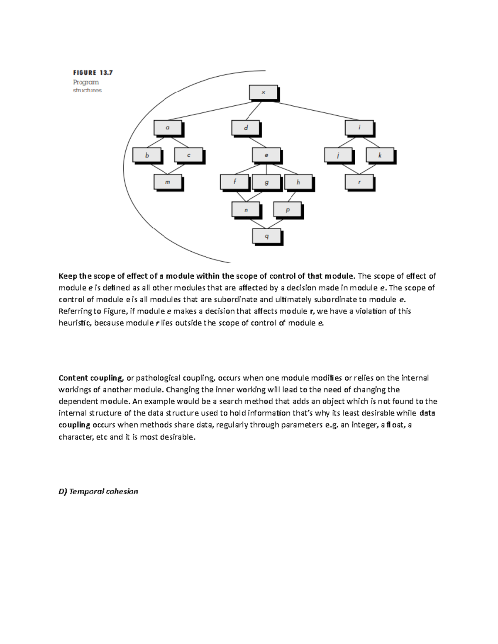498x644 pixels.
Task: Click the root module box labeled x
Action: (x=263, y=92)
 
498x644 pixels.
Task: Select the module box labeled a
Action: (x=168, y=128)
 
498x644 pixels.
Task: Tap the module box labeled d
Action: (x=246, y=128)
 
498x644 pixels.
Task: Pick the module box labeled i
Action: (x=359, y=128)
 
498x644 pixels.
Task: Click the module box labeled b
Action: (x=147, y=155)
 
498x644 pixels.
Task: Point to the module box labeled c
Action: (x=188, y=155)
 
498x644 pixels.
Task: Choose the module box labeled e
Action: (x=266, y=155)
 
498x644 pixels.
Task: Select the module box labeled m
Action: (x=168, y=182)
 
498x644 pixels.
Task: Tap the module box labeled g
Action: (x=266, y=182)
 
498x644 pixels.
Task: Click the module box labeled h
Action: (x=298, y=182)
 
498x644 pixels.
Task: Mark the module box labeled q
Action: (x=267, y=236)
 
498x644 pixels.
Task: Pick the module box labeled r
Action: (x=359, y=182)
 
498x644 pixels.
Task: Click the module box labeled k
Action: (x=380, y=155)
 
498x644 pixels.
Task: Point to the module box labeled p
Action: (x=288, y=210)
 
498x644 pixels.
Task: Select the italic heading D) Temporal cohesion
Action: (x=98, y=491)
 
